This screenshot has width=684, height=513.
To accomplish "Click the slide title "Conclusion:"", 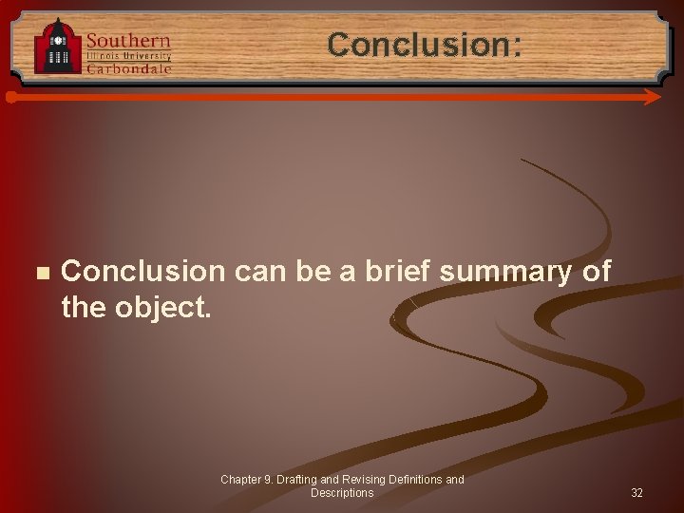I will point(425,45).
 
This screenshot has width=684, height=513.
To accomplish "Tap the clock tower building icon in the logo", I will point(58,47).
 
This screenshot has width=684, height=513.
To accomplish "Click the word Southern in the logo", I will point(128,41).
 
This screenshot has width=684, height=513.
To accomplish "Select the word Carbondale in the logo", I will point(128,68).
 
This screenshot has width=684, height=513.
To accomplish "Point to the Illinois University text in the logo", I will point(128,56).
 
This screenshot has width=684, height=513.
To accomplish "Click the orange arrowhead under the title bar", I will point(652,97).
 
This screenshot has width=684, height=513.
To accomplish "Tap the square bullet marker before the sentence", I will point(40,273).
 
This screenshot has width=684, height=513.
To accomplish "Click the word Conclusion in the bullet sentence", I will point(142,272).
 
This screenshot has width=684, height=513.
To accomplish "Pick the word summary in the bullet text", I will point(505,272).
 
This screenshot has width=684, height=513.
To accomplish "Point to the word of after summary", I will point(596,272).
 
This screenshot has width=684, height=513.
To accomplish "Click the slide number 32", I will point(636,493).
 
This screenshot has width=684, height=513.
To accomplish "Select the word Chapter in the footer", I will point(241,480).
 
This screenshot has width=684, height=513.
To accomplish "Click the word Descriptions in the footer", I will point(342,493).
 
